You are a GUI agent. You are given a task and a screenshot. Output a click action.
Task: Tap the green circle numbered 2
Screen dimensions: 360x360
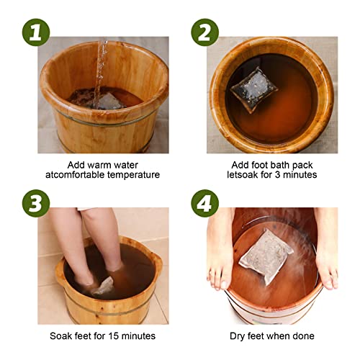(x=204, y=32)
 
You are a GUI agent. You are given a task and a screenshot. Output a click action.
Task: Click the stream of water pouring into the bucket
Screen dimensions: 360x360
(x=102, y=65)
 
